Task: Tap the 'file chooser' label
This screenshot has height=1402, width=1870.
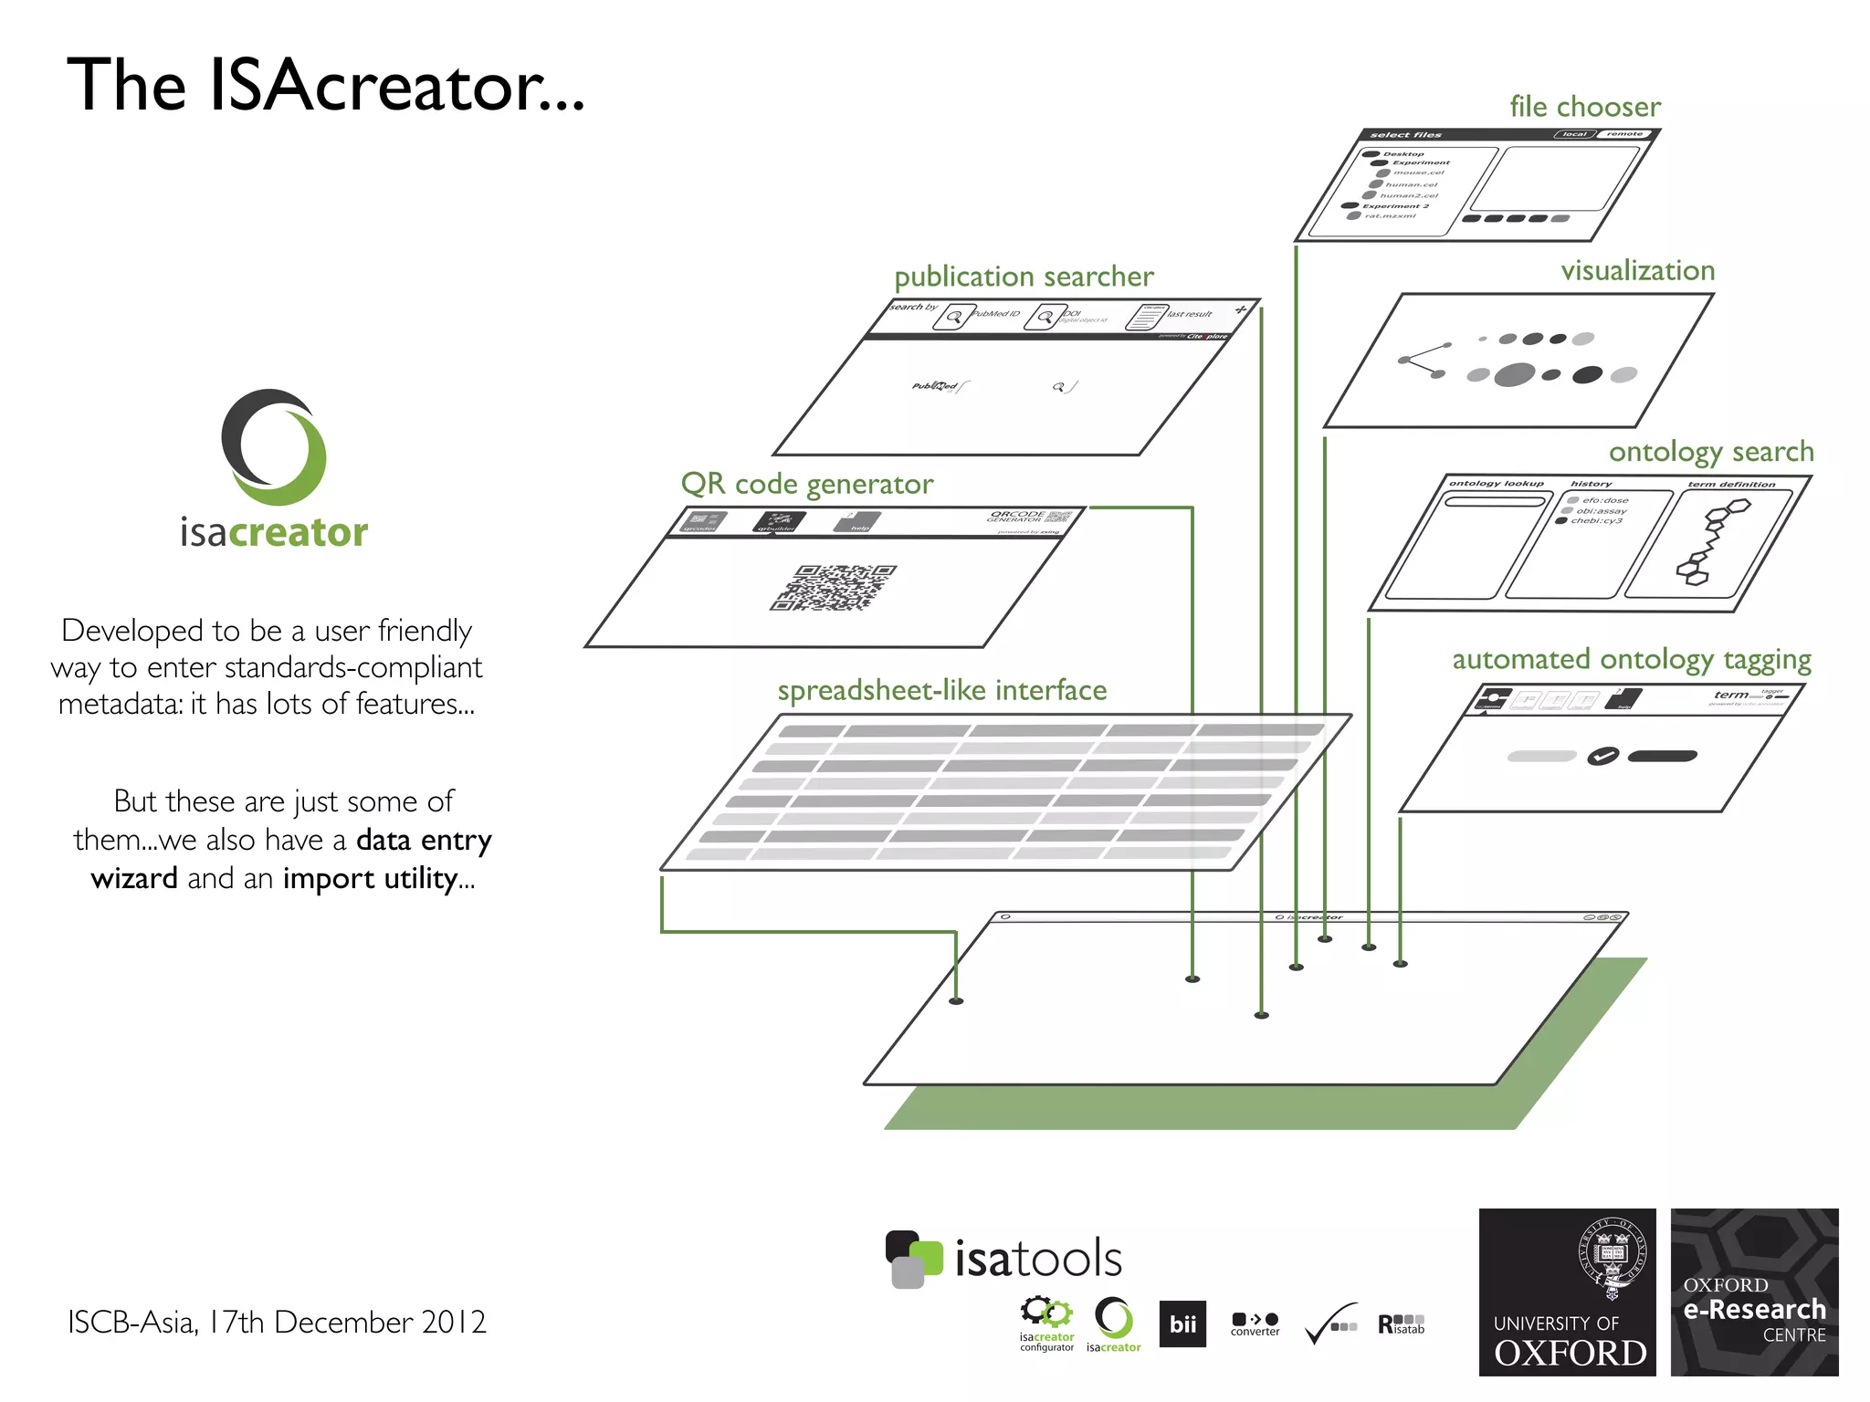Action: click(x=1584, y=107)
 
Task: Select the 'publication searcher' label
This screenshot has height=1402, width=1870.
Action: click(x=1024, y=277)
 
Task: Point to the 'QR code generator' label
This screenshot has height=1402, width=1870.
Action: click(x=807, y=484)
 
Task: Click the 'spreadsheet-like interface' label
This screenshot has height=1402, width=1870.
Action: click(x=941, y=690)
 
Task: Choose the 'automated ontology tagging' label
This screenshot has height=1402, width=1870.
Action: click(x=1631, y=659)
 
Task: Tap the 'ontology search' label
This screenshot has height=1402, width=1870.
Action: click(x=1710, y=452)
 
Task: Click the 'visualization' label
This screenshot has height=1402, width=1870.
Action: click(x=1637, y=271)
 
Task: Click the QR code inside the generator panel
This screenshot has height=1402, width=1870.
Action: click(x=833, y=587)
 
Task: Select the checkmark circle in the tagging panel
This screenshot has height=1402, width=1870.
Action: click(x=1602, y=756)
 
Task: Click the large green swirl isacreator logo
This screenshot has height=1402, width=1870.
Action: click(x=274, y=447)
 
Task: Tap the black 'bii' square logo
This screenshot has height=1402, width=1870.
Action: click(x=1182, y=1324)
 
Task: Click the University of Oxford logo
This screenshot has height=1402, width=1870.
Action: click(x=1567, y=1292)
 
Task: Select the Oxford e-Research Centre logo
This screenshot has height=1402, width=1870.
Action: click(x=1754, y=1292)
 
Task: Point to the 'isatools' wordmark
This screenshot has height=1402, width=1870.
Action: click(x=1037, y=1260)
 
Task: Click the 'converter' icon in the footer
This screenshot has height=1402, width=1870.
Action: click(x=1255, y=1324)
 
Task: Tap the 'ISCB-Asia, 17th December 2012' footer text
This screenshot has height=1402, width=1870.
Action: click(x=277, y=1322)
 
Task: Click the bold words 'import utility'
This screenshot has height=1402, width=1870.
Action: click(x=378, y=878)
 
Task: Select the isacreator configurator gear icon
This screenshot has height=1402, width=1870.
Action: click(x=1046, y=1314)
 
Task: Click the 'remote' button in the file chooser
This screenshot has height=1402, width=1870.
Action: click(x=1624, y=134)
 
